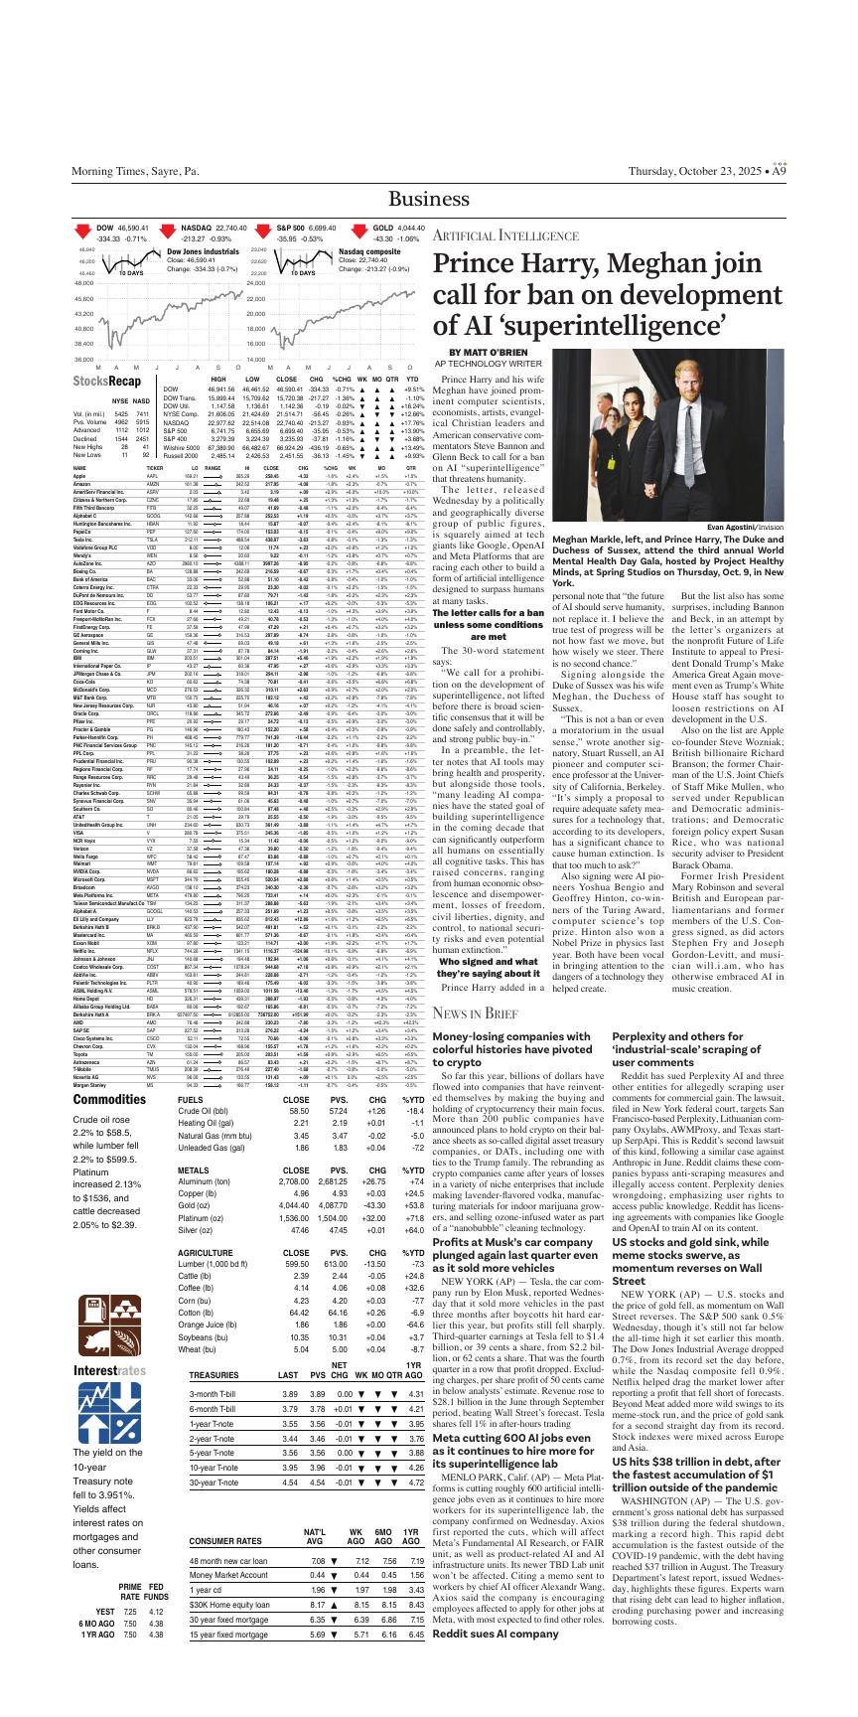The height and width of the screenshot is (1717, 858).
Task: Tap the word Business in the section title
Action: (x=429, y=200)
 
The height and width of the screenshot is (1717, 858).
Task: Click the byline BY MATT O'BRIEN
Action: (x=491, y=353)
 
